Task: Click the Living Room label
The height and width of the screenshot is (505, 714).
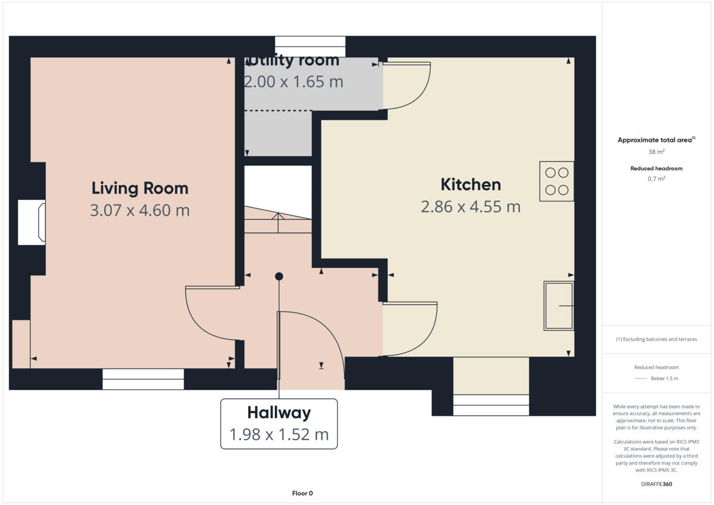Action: click(140, 189)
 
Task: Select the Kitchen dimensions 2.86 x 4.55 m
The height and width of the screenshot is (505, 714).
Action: click(470, 207)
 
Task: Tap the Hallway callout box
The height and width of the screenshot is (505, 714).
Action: click(278, 424)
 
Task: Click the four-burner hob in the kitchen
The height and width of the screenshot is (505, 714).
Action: click(556, 181)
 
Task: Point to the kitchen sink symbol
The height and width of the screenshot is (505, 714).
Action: click(558, 306)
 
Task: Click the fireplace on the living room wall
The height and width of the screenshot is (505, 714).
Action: click(32, 222)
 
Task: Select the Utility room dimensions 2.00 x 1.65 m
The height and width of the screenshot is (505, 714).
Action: click(294, 82)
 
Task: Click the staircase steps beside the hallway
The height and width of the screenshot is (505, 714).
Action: click(278, 219)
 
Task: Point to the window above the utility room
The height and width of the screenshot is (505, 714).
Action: click(309, 46)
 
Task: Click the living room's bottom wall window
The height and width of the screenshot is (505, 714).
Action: click(143, 378)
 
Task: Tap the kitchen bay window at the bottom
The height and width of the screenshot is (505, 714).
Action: click(491, 404)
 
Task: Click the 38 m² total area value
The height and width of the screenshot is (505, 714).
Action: click(656, 152)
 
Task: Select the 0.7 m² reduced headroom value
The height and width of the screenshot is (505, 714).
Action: click(656, 178)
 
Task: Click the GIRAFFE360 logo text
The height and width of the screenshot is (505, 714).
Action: click(656, 484)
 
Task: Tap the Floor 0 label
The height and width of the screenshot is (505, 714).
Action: click(302, 493)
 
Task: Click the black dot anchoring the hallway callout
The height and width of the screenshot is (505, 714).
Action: click(278, 276)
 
